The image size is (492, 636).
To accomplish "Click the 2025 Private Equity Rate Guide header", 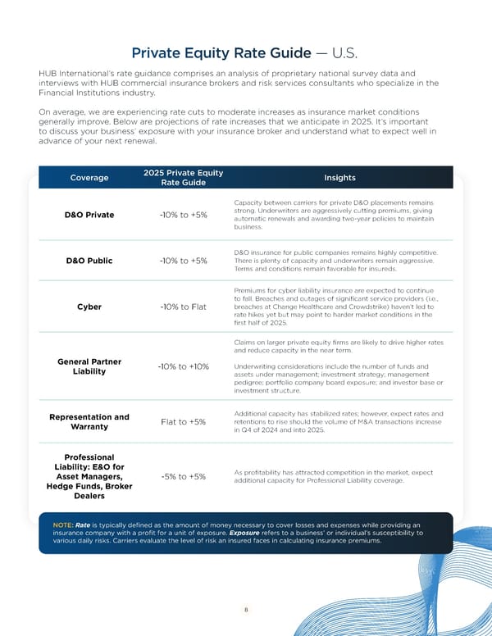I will click(x=183, y=178).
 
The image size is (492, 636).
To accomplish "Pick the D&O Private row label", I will click(x=89, y=216).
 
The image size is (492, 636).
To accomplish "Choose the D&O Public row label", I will click(x=89, y=261).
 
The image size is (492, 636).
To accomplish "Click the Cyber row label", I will click(x=89, y=307).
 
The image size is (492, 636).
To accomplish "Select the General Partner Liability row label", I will click(x=89, y=366).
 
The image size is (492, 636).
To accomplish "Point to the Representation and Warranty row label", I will click(x=89, y=422).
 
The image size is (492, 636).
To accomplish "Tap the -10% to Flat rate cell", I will click(x=183, y=307).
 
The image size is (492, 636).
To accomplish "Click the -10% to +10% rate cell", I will click(x=183, y=366).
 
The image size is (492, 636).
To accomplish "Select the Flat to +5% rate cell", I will click(x=183, y=422).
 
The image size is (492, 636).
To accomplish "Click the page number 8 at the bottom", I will click(x=245, y=609).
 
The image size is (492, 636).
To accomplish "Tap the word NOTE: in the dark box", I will click(x=63, y=525).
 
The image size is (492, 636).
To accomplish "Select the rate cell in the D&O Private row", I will click(x=183, y=216).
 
